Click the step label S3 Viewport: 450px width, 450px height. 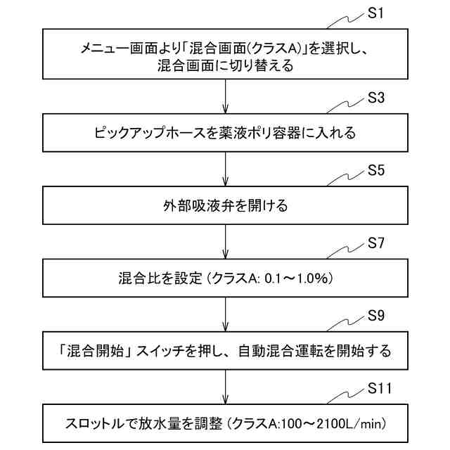coord(376,98)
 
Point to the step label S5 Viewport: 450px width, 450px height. coord(376,171)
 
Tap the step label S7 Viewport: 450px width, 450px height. coord(376,244)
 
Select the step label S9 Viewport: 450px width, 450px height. coord(376,316)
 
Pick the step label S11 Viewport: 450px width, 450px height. coord(380,389)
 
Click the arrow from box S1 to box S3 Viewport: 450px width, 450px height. coord(224,96)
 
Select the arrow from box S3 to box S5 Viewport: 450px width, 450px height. coord(224,169)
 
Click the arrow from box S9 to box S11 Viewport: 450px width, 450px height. coord(224,387)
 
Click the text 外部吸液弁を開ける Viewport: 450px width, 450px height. coord(224,206)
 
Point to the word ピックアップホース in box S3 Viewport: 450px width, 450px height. coord(148,133)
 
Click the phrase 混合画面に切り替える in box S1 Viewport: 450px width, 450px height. coord(224,67)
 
